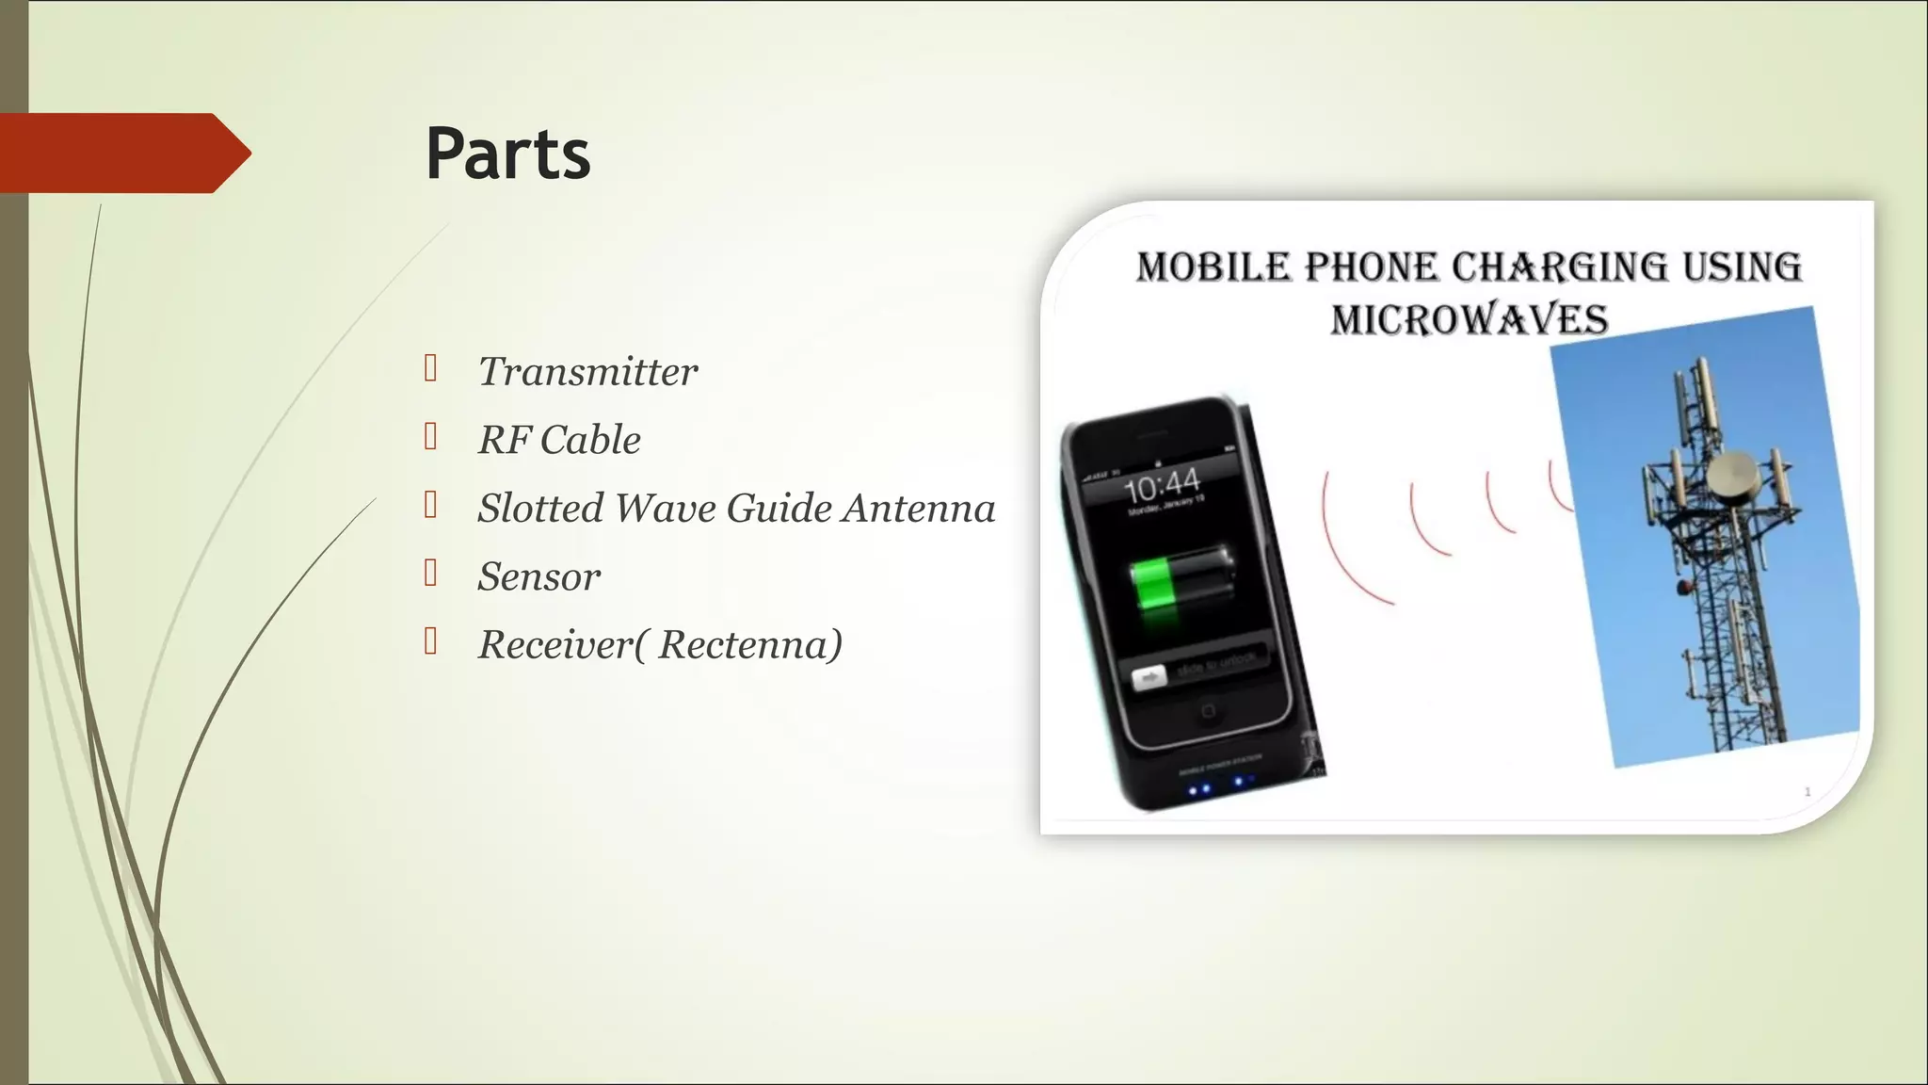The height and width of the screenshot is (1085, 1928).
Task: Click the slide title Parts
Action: coord(507,154)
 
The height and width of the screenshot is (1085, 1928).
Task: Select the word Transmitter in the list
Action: coord(587,372)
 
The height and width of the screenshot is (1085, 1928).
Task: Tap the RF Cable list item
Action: coord(559,440)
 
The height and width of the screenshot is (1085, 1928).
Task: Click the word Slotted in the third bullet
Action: coord(540,508)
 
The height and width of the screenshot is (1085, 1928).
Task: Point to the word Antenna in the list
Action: coord(919,508)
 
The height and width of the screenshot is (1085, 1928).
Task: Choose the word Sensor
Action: coord(538,576)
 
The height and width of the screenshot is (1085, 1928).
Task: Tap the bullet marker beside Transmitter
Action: coord(430,368)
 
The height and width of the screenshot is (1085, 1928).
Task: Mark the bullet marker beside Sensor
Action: coord(430,573)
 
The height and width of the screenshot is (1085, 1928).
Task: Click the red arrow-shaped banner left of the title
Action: coord(122,153)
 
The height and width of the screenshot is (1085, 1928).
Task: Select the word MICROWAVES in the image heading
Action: coord(1469,319)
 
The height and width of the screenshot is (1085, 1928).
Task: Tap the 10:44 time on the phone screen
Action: coord(1163,485)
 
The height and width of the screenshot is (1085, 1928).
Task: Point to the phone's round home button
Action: coord(1209,710)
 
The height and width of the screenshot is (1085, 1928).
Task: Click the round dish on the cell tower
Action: coord(1733,475)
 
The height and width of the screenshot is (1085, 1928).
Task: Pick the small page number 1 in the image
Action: coord(1807,792)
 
